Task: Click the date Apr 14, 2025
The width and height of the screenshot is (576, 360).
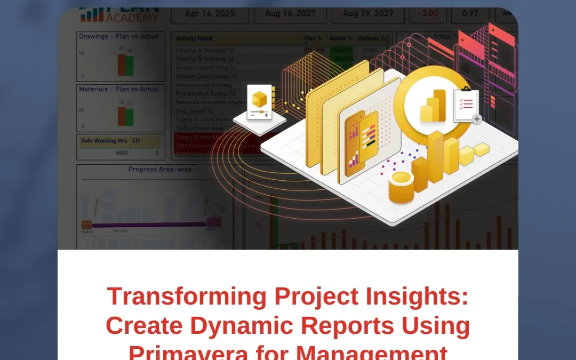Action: (210, 14)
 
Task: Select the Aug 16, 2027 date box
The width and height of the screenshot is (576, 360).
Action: (290, 14)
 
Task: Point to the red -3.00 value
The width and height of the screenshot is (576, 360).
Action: (428, 14)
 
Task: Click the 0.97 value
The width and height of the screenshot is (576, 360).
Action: (470, 14)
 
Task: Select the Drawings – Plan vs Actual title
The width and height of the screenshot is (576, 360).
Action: (119, 36)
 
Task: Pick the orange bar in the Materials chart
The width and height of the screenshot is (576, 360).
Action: (122, 116)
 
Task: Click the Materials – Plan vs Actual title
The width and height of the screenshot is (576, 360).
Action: (119, 89)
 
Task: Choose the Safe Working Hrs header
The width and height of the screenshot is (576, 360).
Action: (103, 141)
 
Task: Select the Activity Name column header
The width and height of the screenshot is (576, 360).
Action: (194, 38)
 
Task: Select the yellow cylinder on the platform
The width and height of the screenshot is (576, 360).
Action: (401, 187)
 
